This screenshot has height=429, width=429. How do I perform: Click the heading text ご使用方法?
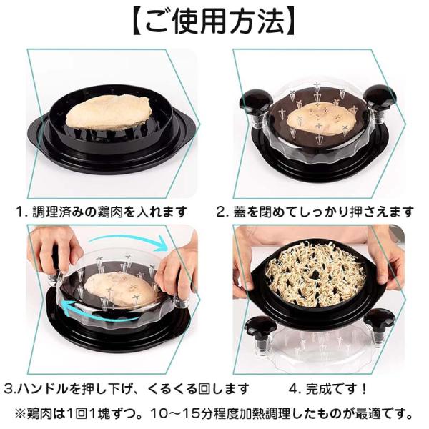pos(214,21)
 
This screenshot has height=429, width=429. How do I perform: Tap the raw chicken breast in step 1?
pos(109,112)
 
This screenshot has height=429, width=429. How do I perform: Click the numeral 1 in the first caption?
pos(20,212)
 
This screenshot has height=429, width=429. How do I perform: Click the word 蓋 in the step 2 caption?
pos(239,212)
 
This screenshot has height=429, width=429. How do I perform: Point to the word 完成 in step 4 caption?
pos(317,389)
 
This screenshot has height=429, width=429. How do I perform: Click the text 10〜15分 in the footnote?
pos(180,414)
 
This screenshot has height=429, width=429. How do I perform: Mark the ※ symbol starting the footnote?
pos(20,414)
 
